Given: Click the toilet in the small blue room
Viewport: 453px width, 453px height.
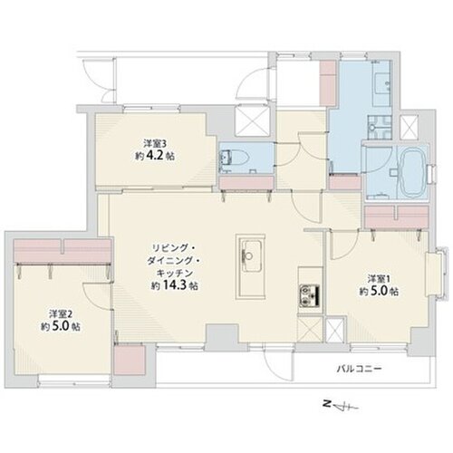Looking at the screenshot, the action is click(x=236, y=157).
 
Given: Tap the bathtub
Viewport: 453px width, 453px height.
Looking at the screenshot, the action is click(x=411, y=171).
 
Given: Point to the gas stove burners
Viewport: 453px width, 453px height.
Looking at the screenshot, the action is click(x=310, y=294).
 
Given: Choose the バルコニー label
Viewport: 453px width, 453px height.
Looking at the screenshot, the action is click(x=360, y=369).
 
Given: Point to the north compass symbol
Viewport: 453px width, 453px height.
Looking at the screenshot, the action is click(x=340, y=407).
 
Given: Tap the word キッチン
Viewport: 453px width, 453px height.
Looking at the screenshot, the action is click(x=175, y=273).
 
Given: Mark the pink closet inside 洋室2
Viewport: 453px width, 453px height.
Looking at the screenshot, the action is click(x=63, y=251).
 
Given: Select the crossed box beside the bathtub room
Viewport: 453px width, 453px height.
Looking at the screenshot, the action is click(x=409, y=127).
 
